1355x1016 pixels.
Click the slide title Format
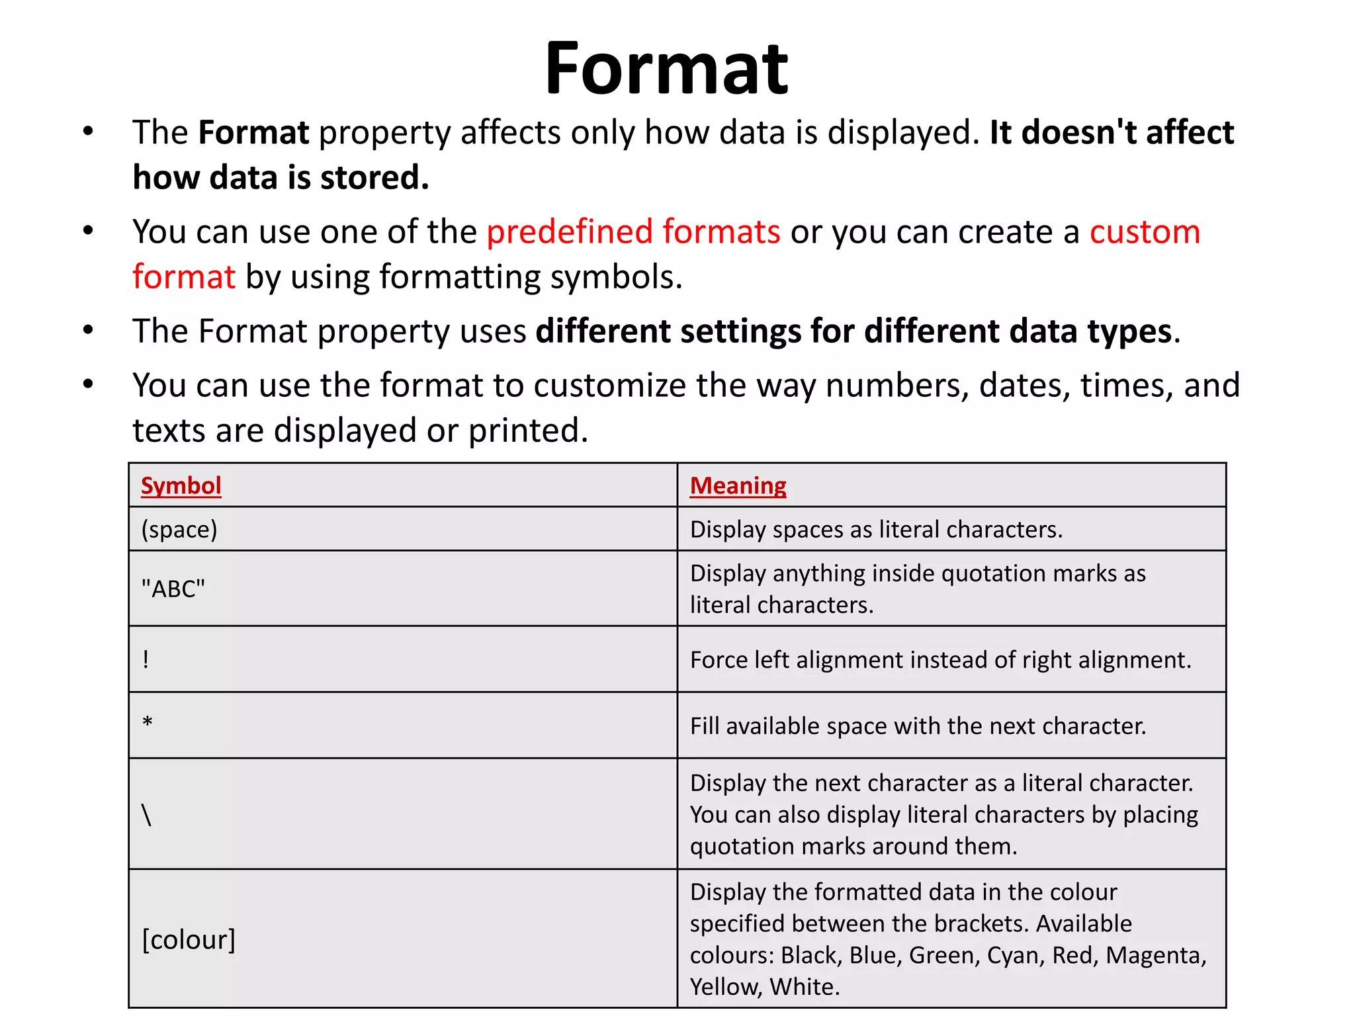coord(666,69)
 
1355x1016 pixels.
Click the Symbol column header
coord(181,486)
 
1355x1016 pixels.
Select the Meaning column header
coord(738,486)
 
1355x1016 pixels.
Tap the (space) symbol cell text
coord(179,530)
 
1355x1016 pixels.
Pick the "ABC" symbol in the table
coord(173,589)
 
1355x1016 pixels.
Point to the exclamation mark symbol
coord(146,659)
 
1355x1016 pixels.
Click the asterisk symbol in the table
coord(148,722)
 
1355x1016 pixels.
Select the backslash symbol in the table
coord(147,815)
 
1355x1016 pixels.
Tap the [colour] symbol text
coord(189,940)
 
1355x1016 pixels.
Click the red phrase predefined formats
coord(633,232)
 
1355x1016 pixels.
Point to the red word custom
coord(1145,232)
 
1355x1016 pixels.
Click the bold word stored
coord(374,178)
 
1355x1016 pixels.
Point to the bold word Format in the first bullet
coord(253,133)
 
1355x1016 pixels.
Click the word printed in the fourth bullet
coord(528,431)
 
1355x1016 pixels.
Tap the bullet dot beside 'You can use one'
coord(88,231)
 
